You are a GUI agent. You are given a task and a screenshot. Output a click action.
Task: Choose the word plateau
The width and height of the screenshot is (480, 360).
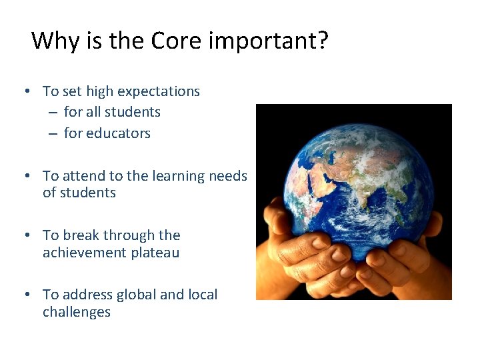coord(155,253)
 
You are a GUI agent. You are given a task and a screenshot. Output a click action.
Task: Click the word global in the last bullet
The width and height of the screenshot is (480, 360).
coord(137,295)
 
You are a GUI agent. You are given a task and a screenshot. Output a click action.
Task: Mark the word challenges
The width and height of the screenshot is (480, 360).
coord(77,313)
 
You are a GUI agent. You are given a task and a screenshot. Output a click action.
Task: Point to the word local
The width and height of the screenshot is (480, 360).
coord(201,295)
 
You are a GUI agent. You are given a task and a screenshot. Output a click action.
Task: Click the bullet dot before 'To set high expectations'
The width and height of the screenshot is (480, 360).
coord(25,91)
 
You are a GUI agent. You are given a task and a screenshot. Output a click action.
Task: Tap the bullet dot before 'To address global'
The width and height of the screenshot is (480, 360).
coord(25,295)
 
